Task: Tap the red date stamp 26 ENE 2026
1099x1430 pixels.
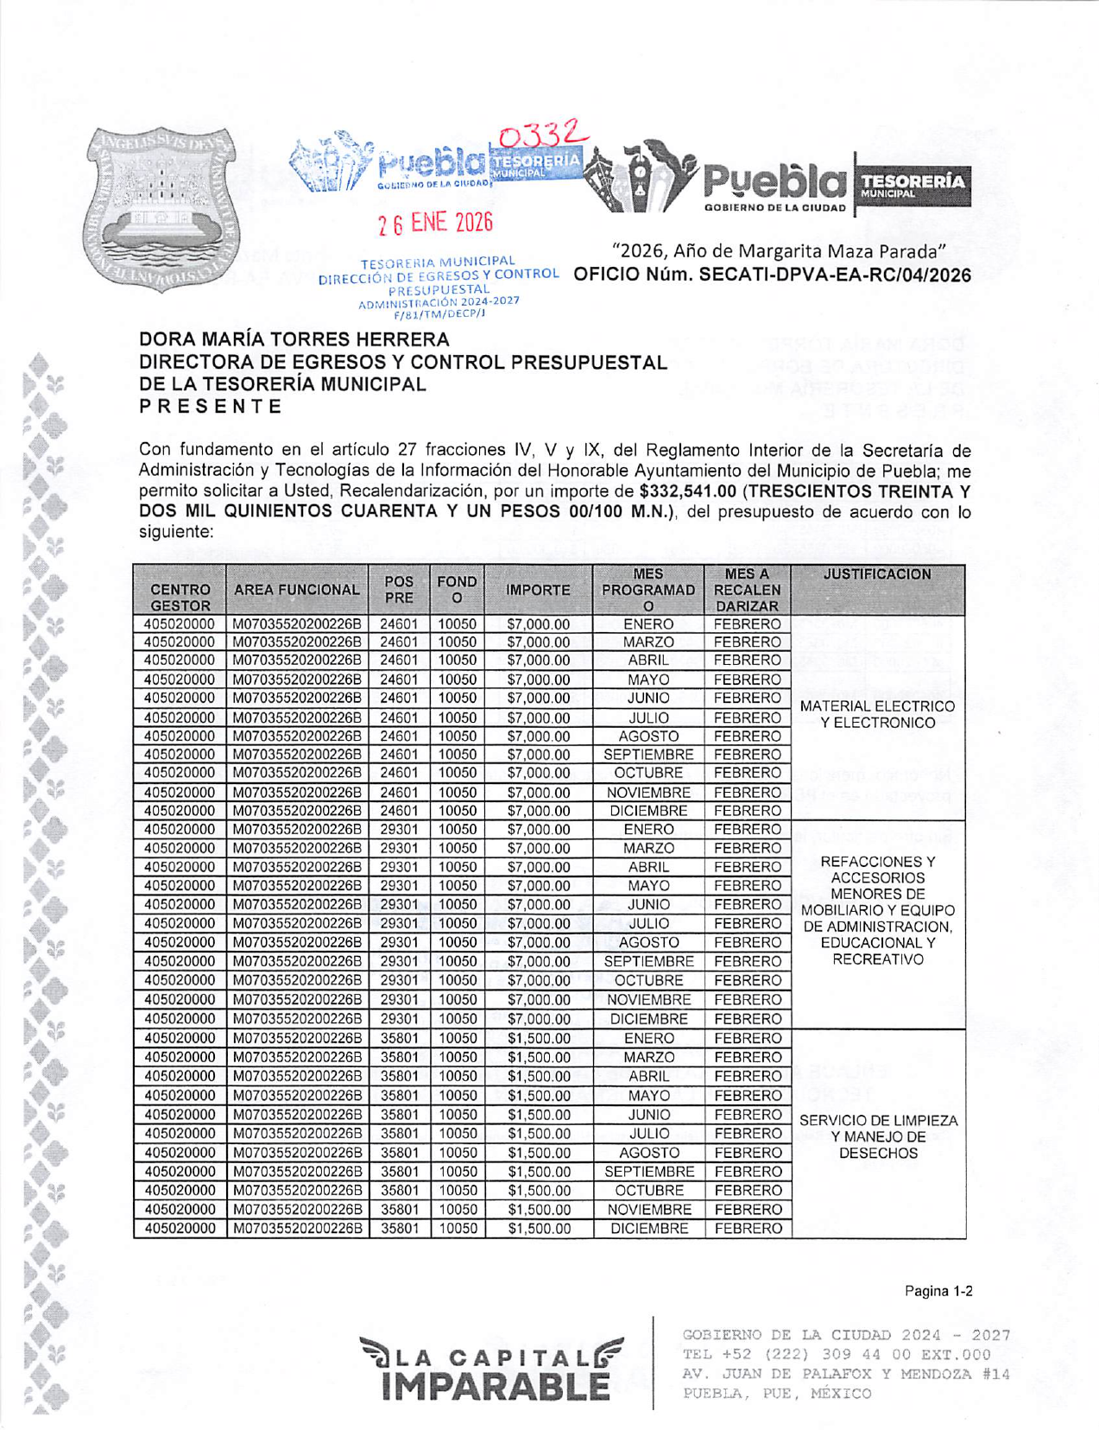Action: (x=435, y=223)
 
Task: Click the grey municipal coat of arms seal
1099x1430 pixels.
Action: (x=161, y=209)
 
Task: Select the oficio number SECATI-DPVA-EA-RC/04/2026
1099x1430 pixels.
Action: (x=772, y=275)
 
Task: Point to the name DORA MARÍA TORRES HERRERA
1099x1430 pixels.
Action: (x=294, y=339)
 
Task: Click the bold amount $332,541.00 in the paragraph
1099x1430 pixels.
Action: (x=687, y=490)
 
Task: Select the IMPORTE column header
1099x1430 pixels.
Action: (x=538, y=590)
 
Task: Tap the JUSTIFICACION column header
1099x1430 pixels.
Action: (x=877, y=574)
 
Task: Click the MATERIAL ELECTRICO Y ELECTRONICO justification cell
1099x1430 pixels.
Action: (x=877, y=714)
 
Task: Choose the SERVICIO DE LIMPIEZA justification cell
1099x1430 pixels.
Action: (x=878, y=1136)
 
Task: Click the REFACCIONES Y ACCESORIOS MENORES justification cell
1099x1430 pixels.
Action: (x=877, y=910)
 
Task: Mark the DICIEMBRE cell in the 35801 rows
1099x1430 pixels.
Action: (x=648, y=1228)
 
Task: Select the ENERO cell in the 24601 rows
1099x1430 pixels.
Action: (x=648, y=624)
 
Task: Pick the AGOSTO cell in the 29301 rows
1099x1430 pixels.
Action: (x=648, y=942)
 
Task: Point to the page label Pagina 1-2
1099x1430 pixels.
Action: (x=938, y=1291)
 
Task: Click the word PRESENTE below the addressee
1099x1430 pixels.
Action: (x=212, y=407)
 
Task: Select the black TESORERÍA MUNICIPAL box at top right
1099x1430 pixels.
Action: (x=913, y=184)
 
